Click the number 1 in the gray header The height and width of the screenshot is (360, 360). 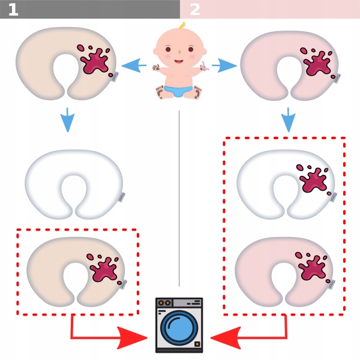pyautogui.click(x=13, y=10)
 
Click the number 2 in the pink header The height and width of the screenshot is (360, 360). pyautogui.click(x=195, y=10)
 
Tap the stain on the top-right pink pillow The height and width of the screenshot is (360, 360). pyautogui.click(x=317, y=62)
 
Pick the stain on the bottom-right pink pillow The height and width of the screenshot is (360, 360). pyautogui.click(x=313, y=267)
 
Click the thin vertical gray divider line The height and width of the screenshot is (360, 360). pyautogui.click(x=179, y=198)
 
